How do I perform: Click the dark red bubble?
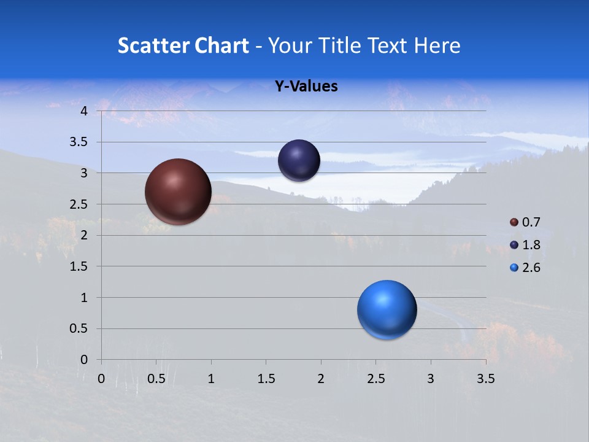coord(179,192)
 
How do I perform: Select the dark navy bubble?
coord(299,160)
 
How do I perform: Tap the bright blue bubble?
coord(387,309)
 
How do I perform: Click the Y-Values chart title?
coord(306,87)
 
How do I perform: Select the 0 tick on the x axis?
coord(102,379)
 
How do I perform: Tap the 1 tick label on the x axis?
coord(211,379)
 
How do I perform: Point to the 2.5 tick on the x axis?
coord(375,379)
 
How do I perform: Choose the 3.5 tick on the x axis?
coord(485,379)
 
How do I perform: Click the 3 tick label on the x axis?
coord(431,379)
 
